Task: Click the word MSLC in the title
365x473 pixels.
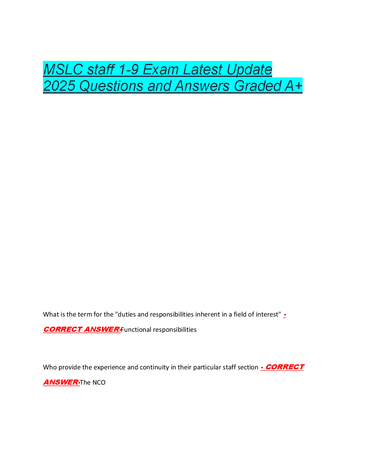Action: click(63, 69)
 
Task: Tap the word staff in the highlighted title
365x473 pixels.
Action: click(101, 69)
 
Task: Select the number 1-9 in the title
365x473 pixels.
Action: click(129, 69)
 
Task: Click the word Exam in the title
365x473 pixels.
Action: click(161, 69)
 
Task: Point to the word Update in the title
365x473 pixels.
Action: click(249, 70)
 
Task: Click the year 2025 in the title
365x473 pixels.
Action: click(59, 86)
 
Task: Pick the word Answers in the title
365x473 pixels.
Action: click(202, 86)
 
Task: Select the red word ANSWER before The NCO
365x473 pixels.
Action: click(61, 382)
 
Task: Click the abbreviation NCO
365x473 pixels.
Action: click(99, 383)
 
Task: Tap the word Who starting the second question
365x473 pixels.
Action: click(50, 367)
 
